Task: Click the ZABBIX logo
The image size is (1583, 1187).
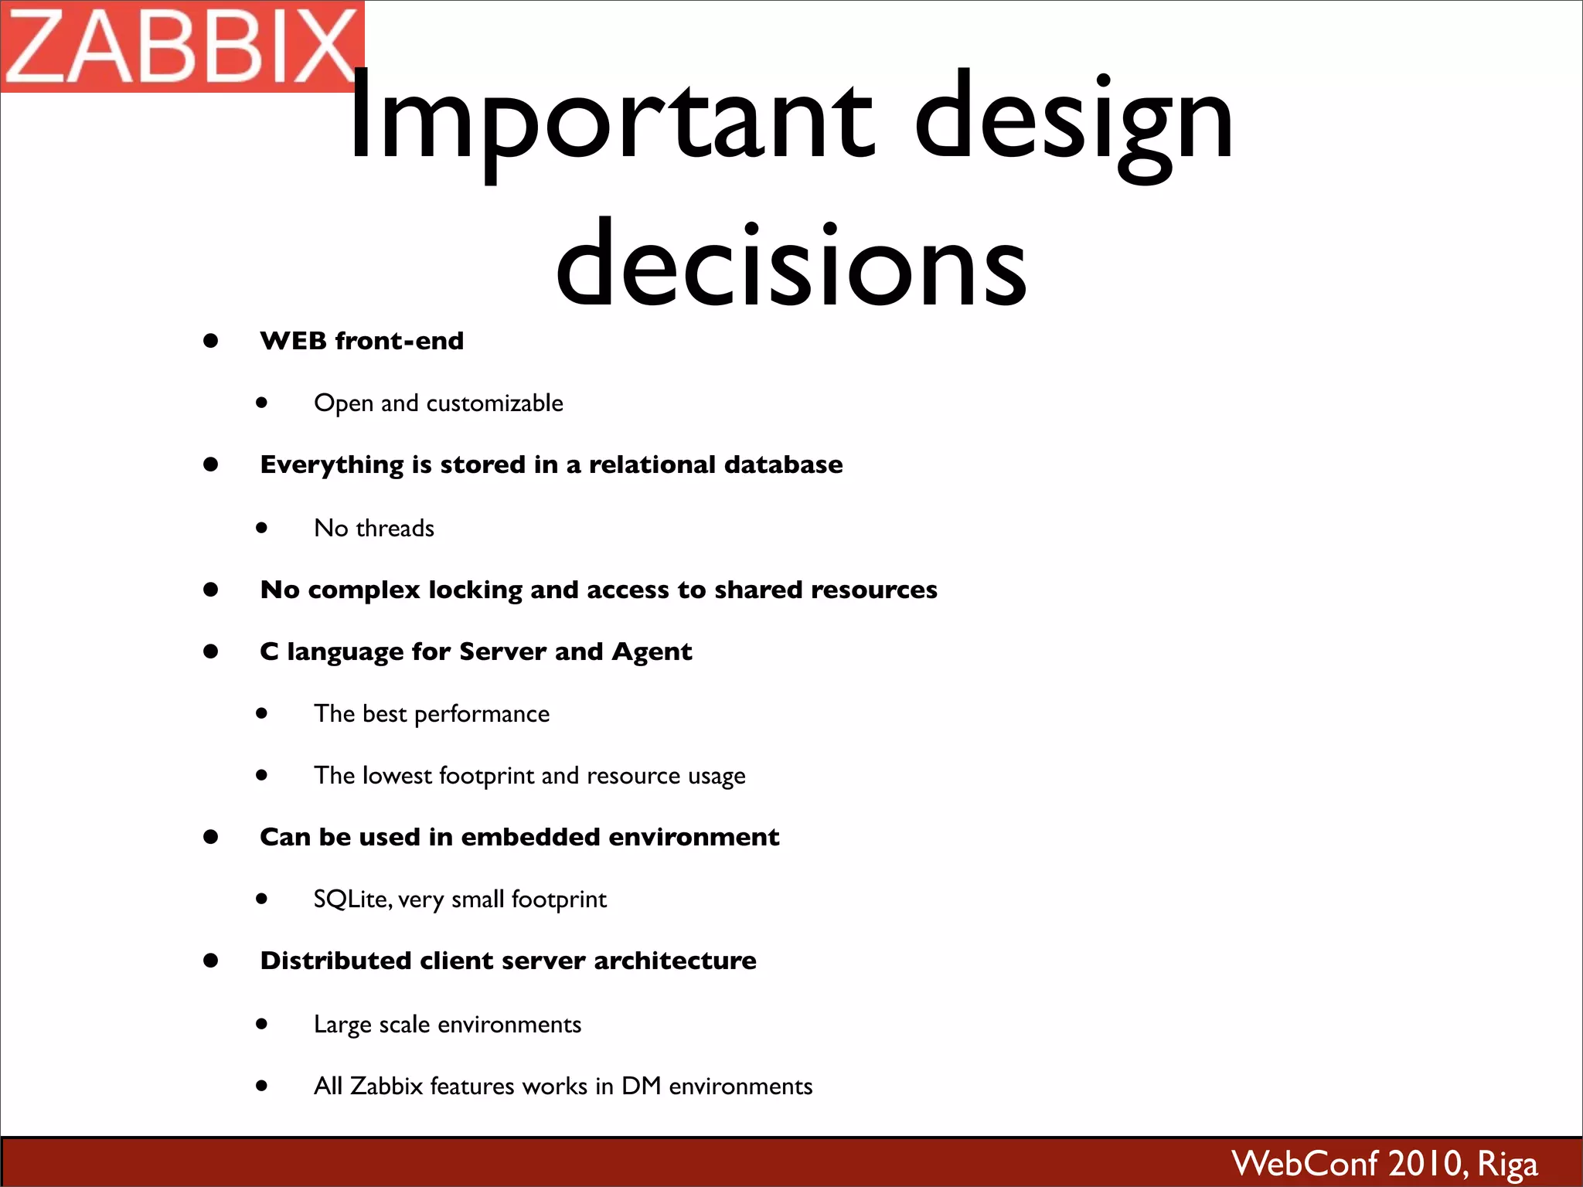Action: tap(182, 46)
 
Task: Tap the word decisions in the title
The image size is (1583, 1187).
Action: tap(791, 267)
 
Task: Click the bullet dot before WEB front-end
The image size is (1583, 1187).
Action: tap(210, 341)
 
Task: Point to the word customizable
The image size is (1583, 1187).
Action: tap(495, 403)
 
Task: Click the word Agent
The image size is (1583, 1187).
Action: tap(652, 652)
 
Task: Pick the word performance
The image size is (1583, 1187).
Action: tap(482, 715)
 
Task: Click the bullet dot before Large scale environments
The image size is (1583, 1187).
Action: tap(262, 1024)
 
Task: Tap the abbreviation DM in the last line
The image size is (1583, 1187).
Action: tap(641, 1086)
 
